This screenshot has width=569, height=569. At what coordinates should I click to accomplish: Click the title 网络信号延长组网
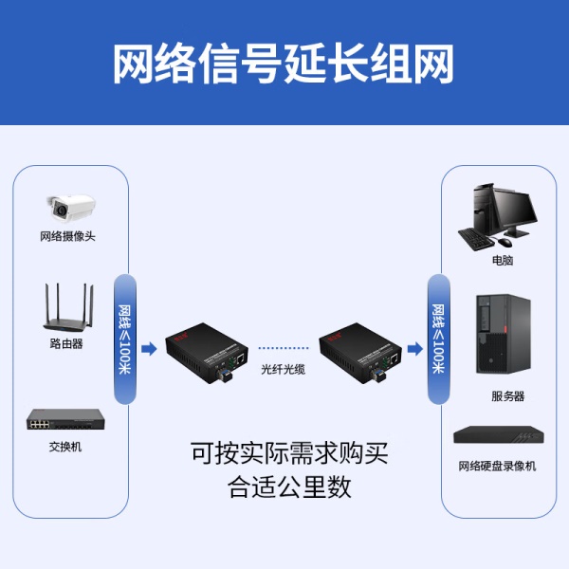[x=284, y=64]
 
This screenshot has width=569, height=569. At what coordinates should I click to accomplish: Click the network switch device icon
[x=65, y=419]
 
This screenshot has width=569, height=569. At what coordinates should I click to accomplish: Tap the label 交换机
[x=65, y=447]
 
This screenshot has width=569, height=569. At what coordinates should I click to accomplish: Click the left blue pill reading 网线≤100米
[x=125, y=339]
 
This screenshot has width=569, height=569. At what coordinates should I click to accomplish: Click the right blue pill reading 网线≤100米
[x=438, y=339]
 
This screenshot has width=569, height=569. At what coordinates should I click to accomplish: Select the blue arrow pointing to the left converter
[x=149, y=348]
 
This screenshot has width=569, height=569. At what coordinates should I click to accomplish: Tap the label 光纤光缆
[x=284, y=368]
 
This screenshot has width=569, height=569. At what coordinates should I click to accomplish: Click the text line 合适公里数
[x=289, y=487]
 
